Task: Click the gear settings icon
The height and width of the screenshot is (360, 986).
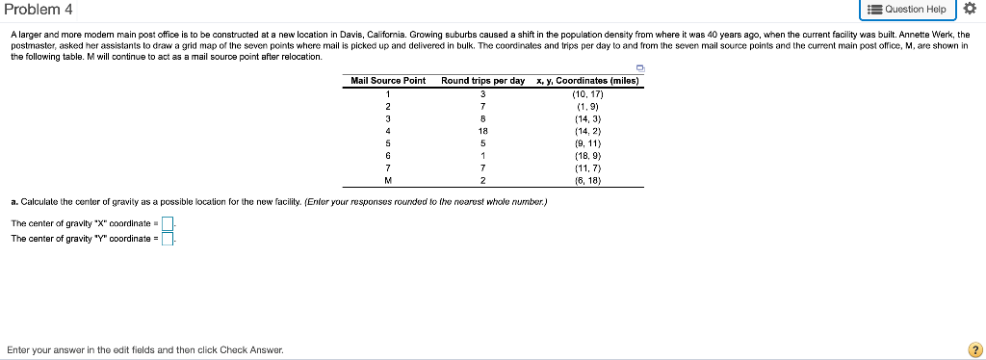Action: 970,10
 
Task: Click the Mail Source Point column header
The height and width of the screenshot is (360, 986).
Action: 388,81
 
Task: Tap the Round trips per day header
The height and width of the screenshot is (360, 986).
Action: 482,81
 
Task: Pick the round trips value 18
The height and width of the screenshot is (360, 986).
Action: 483,130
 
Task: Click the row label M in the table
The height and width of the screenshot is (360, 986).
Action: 387,180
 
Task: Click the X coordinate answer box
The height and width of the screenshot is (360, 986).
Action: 167,223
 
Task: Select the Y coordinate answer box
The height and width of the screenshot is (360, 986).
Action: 167,240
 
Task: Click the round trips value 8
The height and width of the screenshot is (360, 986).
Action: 483,117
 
